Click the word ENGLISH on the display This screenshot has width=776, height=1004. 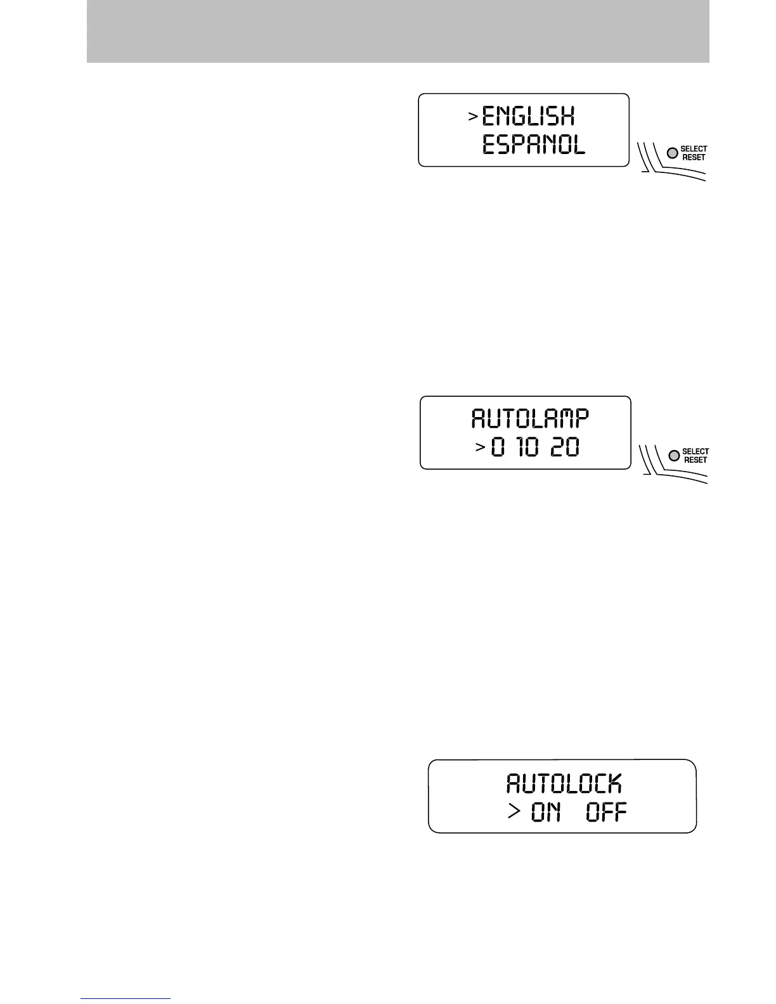tap(528, 117)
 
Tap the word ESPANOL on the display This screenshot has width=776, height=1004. tap(533, 146)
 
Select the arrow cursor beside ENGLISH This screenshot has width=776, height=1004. tap(472, 117)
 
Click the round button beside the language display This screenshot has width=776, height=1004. tap(672, 153)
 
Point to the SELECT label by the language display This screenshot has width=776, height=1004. tap(694, 149)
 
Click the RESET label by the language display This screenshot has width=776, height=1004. tap(694, 157)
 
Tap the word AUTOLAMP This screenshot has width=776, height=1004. tap(530, 419)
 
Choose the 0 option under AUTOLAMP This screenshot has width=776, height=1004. tap(500, 449)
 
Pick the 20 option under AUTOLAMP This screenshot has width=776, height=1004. tap(565, 449)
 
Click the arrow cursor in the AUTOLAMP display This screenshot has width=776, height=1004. tap(480, 448)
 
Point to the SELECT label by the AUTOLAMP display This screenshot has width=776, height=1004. tap(695, 452)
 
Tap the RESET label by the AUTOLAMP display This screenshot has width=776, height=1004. tap(695, 460)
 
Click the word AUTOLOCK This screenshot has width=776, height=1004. tap(564, 784)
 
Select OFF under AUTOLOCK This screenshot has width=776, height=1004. tap(606, 812)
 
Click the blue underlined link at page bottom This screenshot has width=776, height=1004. tap(126, 999)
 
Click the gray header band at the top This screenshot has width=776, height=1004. tap(398, 31)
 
